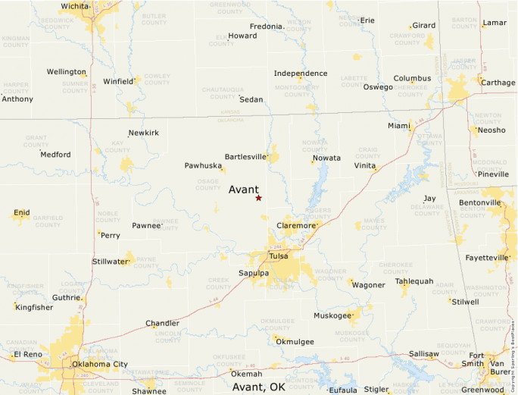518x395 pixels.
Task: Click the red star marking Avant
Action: point(258,198)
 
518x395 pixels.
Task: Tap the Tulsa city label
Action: point(278,256)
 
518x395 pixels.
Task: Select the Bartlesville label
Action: point(245,157)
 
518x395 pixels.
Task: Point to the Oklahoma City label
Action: point(99,365)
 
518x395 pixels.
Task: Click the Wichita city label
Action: point(74,6)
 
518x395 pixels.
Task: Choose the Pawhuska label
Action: point(202,165)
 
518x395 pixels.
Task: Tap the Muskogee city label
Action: point(332,315)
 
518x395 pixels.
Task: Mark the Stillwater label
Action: point(110,262)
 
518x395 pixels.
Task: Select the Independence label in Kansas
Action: point(301,74)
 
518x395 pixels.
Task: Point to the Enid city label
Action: point(22,213)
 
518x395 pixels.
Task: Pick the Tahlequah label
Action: point(414,281)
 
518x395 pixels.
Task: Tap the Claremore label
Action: point(295,226)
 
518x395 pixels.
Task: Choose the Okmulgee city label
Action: point(295,342)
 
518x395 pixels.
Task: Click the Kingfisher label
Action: point(34,308)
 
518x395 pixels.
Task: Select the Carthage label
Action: point(498,83)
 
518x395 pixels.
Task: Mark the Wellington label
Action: point(66,72)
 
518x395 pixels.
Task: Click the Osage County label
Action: point(207,183)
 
